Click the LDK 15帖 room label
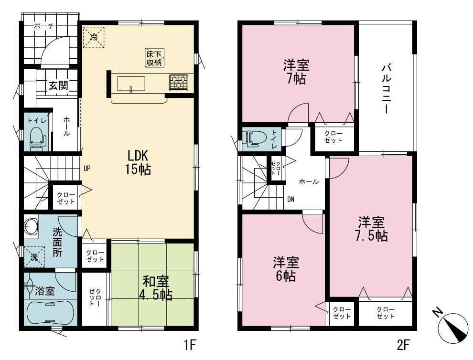[x=138, y=163]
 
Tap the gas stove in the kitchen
[x=179, y=82]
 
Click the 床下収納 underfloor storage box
[x=154, y=57]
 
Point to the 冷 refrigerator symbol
[x=94, y=37]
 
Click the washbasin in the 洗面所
[x=31, y=226]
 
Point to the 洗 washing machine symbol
[x=34, y=257]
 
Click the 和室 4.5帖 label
[x=156, y=288]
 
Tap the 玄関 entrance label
[x=58, y=85]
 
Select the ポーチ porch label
[x=43, y=26]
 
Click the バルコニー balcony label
[x=387, y=89]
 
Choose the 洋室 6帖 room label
[x=286, y=269]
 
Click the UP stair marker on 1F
[x=87, y=169]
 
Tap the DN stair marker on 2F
[x=291, y=199]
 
